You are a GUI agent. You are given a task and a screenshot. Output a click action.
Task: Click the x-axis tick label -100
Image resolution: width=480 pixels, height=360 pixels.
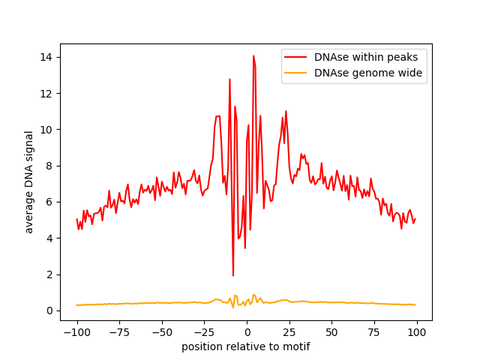[x=76, y=332]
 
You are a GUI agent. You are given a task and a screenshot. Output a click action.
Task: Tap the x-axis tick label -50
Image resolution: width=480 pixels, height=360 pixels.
[x=161, y=332]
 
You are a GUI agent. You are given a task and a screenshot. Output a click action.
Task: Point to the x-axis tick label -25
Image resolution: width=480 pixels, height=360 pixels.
[x=203, y=332]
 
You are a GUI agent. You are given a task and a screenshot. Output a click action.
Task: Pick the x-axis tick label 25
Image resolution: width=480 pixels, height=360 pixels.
[x=289, y=332]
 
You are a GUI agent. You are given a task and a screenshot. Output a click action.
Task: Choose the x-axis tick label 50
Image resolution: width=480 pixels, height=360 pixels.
[x=331, y=332]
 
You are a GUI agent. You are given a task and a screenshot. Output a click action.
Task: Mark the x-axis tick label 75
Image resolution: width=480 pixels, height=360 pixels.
[x=373, y=332]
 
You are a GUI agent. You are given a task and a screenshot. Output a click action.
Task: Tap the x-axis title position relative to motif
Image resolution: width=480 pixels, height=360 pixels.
[x=246, y=346]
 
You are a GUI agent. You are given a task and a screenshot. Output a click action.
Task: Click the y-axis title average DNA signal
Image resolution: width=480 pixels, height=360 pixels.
[x=29, y=181]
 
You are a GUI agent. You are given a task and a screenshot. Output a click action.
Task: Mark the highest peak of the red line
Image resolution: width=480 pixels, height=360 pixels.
[x=253, y=55]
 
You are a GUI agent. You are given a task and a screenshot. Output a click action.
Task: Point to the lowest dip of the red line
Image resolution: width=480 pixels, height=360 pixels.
[x=233, y=275]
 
